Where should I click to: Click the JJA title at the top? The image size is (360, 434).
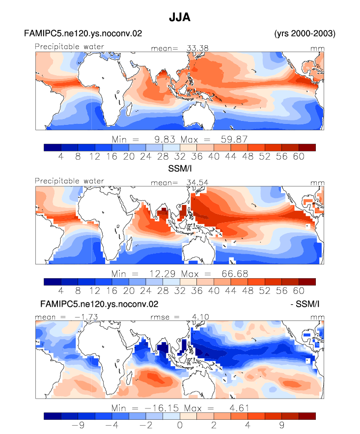(180, 17)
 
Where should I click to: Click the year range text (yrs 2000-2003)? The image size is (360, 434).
(305, 33)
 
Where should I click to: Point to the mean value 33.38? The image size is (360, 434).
(197, 48)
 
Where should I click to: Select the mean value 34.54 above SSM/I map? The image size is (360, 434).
(197, 182)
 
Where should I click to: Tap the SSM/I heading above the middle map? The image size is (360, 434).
(180, 169)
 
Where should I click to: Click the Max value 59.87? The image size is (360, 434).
(234, 139)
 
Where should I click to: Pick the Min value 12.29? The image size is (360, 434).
(162, 273)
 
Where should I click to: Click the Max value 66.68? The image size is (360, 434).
(235, 273)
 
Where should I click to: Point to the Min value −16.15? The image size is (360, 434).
(162, 408)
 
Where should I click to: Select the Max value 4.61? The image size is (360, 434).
(240, 408)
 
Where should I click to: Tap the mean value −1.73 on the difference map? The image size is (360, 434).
(86, 317)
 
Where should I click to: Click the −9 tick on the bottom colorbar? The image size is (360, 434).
(78, 425)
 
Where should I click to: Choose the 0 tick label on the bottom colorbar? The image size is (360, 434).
(180, 425)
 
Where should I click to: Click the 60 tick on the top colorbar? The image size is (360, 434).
(299, 156)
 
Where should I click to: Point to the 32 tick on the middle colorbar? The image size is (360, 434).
(180, 290)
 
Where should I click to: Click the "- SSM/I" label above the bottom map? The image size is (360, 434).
(305, 304)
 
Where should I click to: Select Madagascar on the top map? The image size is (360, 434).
(129, 109)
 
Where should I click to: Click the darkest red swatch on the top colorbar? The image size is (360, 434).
(307, 147)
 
